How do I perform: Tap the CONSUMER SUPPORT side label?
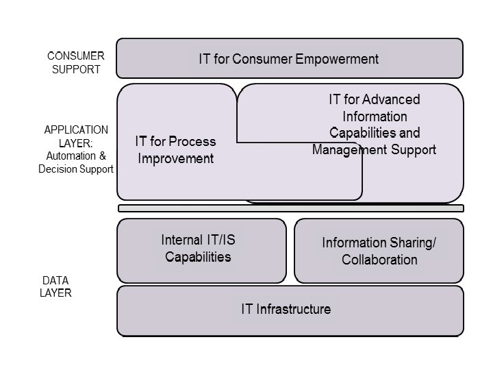coord(76,62)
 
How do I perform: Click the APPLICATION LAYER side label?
coord(76,136)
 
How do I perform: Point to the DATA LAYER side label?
coord(56,287)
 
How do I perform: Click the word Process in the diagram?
coord(192,142)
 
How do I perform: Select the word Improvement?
coord(176,159)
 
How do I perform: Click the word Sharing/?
coord(410,243)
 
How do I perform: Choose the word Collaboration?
coord(379,260)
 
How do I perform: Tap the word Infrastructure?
coord(294,309)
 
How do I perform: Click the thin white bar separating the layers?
coord(290,208)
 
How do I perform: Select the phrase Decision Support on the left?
coord(75,169)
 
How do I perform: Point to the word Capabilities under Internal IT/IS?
coord(198,257)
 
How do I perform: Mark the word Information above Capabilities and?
coord(374,116)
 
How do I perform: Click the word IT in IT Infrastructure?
coord(247,309)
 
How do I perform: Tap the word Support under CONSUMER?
coord(76,69)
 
